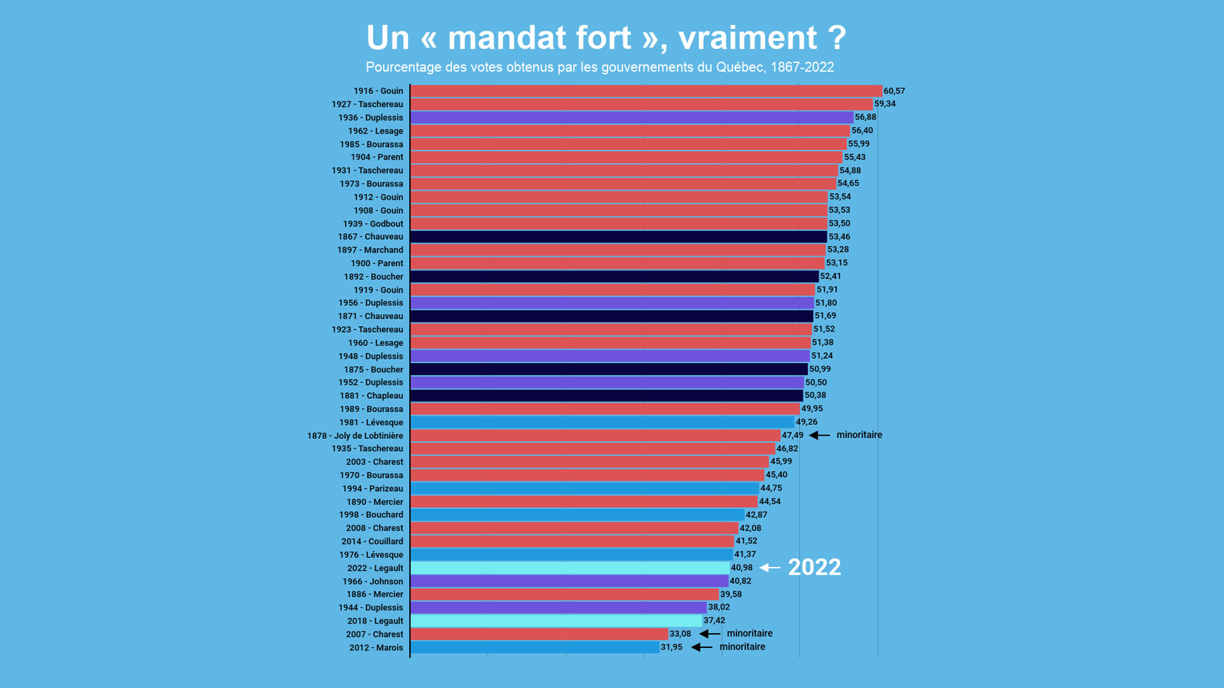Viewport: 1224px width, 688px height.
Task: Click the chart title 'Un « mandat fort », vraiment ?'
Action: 606,38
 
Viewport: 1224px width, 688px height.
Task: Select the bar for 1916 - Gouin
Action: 646,91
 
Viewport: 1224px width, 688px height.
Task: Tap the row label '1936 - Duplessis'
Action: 370,118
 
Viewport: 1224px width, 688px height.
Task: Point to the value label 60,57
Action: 894,91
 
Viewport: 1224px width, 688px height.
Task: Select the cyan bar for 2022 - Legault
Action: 570,568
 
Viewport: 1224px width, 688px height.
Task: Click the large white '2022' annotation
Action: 814,567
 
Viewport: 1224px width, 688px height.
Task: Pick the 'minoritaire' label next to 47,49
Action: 859,435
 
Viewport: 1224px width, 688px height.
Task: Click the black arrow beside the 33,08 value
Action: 710,634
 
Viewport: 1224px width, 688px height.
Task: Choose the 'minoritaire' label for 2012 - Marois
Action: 742,647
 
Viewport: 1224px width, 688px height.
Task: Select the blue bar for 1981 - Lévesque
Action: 602,422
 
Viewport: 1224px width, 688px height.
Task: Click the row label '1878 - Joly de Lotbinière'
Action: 355,436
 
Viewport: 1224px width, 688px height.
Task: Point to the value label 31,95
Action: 671,647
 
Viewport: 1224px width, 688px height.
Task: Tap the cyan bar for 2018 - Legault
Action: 556,621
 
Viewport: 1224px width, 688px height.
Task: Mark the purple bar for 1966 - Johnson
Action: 569,581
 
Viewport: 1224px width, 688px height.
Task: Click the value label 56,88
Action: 865,117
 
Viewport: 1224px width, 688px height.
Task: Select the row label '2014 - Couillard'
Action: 372,541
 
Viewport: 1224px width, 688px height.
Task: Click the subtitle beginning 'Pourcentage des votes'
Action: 599,68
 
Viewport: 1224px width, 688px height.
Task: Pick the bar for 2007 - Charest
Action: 539,634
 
